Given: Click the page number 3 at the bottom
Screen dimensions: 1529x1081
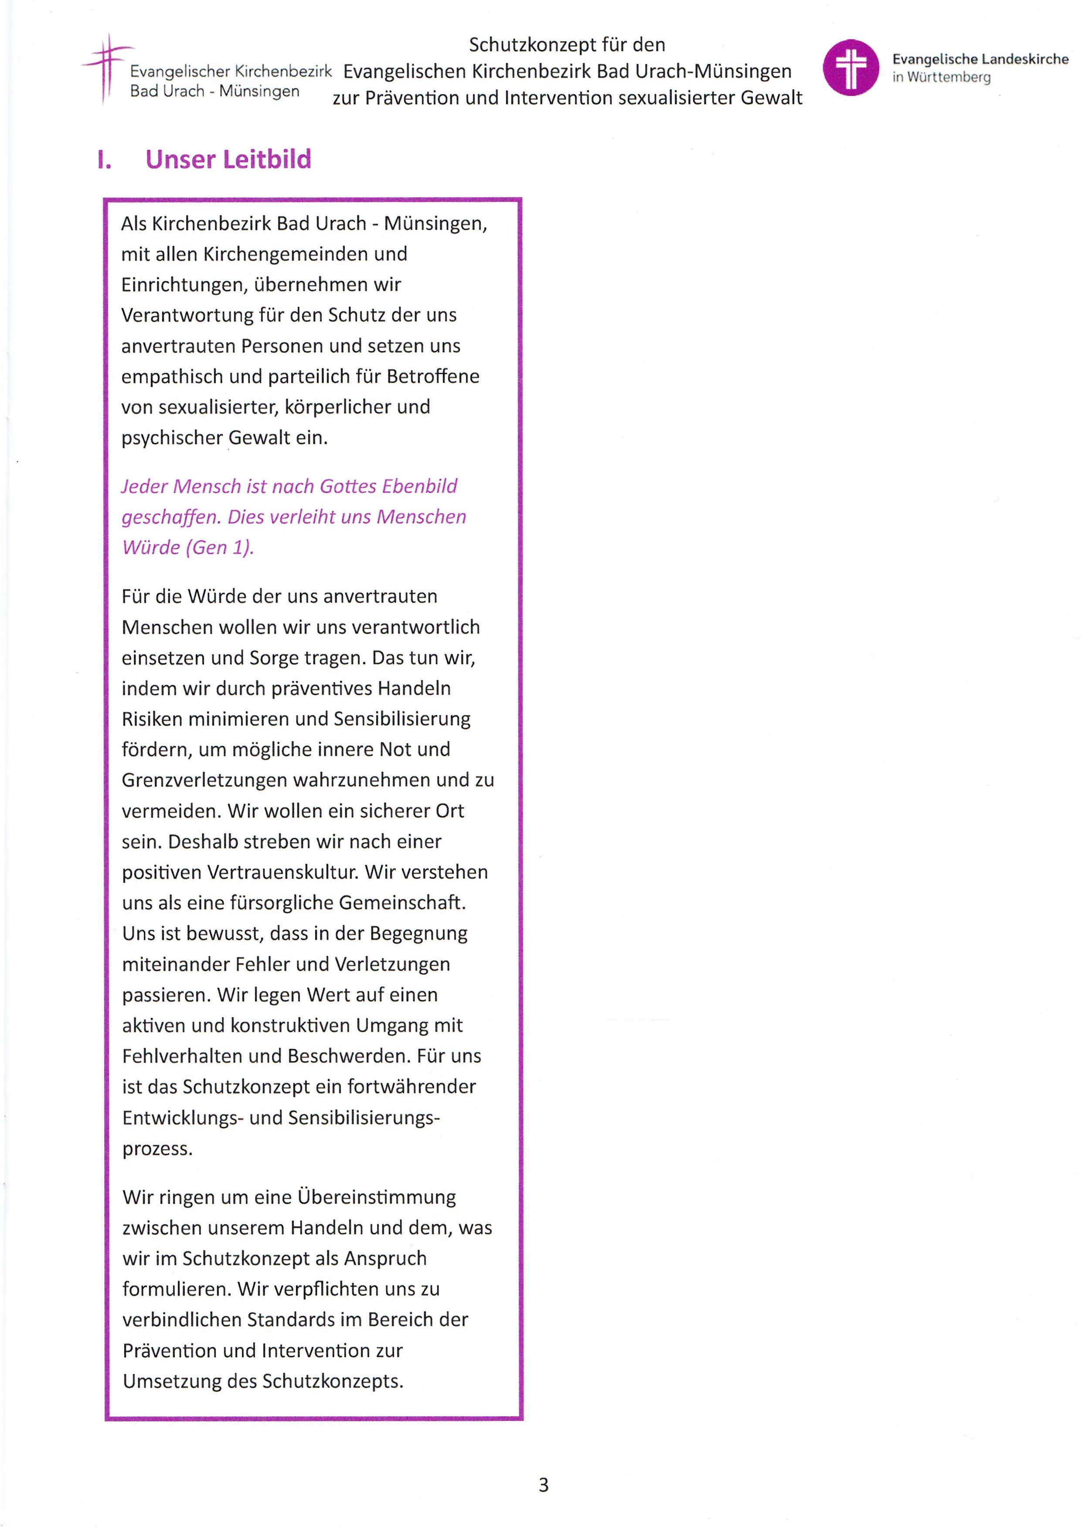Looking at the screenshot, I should click(x=543, y=1485).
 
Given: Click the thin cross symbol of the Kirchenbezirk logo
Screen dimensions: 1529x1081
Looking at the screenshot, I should click(x=106, y=67).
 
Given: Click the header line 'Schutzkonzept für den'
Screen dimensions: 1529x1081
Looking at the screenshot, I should click(x=567, y=44).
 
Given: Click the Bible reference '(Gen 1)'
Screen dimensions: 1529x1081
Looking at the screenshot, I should click(x=220, y=548).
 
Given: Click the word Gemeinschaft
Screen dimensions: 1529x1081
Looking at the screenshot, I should click(x=402, y=902).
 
